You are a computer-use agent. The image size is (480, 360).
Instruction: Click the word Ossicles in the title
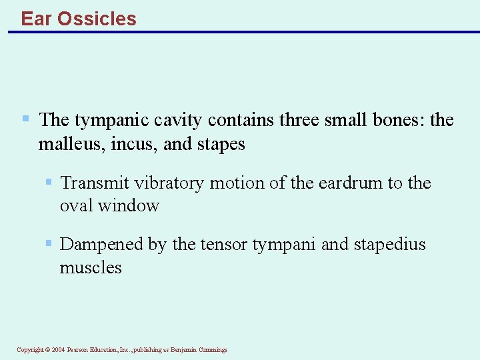click(97, 19)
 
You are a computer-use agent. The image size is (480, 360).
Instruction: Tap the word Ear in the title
click(37, 19)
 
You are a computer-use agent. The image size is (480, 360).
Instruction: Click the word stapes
click(221, 144)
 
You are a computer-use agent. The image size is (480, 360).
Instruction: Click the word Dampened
click(102, 245)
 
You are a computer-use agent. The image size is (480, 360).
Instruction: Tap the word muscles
click(91, 268)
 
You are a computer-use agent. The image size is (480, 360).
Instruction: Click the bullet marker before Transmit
click(49, 182)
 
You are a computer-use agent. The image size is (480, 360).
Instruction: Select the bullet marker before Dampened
click(49, 244)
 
